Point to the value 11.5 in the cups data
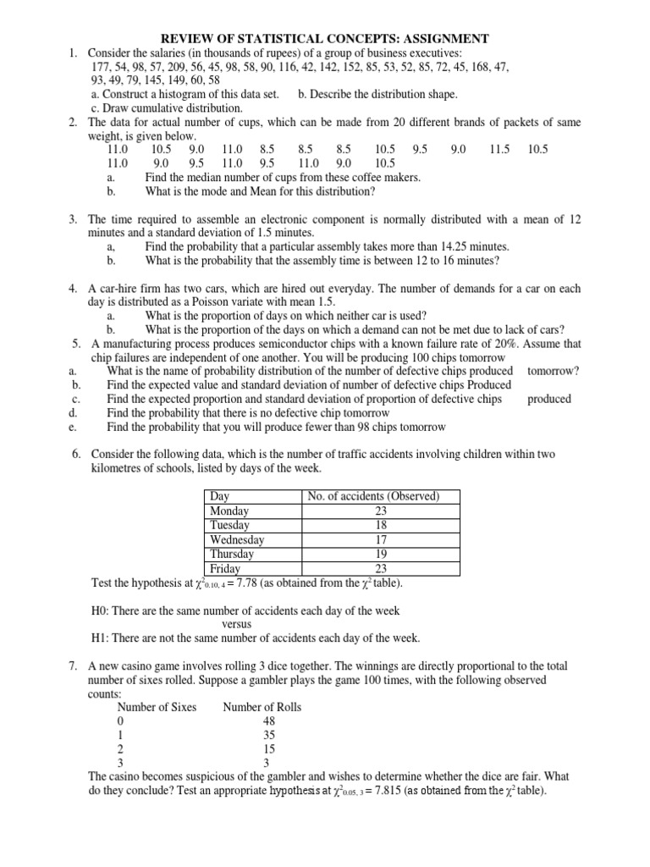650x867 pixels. point(499,149)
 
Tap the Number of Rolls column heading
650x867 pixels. point(262,707)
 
